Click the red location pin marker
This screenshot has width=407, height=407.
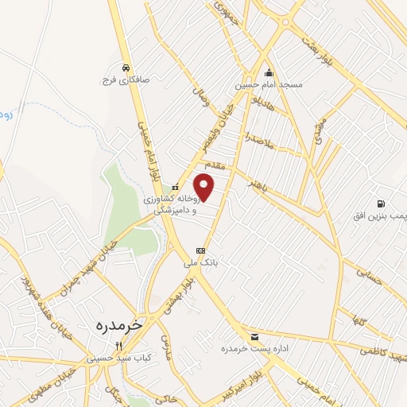pyautogui.click(x=205, y=188)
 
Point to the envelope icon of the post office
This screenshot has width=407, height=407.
pyautogui.click(x=254, y=337)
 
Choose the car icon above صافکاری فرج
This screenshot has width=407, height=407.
pyautogui.click(x=126, y=68)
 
